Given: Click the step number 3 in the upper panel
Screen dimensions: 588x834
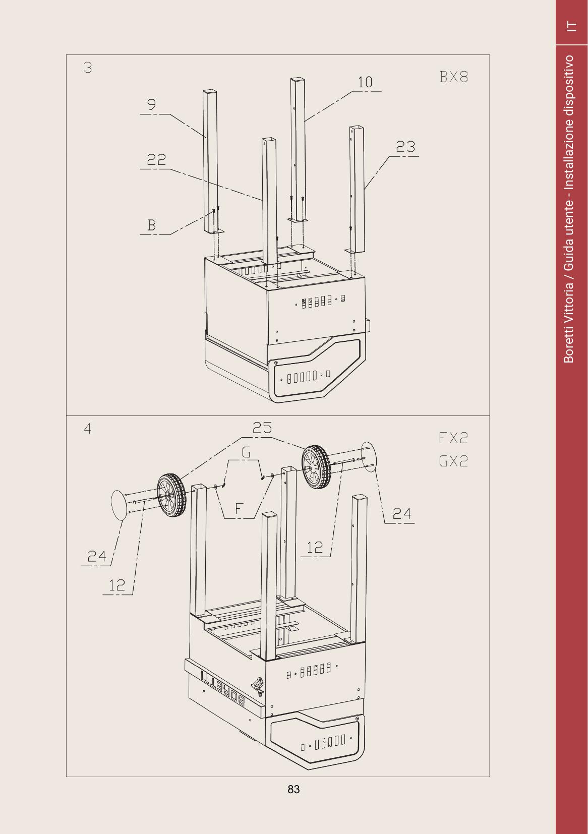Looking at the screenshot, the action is [x=88, y=68].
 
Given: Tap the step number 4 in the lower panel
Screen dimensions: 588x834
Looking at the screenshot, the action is [x=88, y=429].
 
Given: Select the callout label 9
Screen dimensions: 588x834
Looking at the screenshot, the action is [x=152, y=104].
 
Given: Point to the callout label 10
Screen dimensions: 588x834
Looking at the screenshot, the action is [x=365, y=82].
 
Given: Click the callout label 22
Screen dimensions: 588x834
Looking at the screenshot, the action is [x=156, y=160].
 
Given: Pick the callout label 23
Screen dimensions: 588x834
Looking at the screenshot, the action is [x=405, y=147].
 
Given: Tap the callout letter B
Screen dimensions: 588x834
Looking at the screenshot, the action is [x=152, y=225].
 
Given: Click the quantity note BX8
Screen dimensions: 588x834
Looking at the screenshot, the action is [x=453, y=77].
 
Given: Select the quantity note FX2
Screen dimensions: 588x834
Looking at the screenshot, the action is [x=453, y=438].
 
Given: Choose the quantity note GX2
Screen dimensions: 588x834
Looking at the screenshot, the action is [x=453, y=461].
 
